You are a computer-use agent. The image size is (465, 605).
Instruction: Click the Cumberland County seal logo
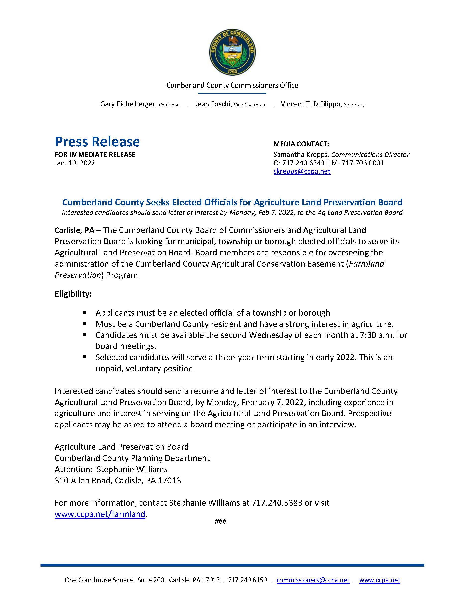(x=232, y=52)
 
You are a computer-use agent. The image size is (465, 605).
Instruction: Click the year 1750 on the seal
(x=232, y=72)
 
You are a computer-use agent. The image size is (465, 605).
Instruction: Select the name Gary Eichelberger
(x=128, y=104)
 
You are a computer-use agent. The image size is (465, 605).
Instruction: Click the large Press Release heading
(x=97, y=142)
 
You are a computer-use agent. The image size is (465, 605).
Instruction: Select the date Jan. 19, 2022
(x=75, y=163)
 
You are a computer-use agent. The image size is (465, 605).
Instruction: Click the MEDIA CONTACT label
(x=301, y=144)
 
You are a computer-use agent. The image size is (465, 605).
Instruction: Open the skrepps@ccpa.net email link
(x=302, y=171)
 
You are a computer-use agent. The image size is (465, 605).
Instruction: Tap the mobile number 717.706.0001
(x=363, y=163)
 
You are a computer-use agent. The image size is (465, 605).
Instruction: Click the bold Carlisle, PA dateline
(x=74, y=230)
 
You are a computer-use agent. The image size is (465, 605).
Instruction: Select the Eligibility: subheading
(x=73, y=294)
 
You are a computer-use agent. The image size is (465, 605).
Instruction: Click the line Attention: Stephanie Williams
(x=111, y=469)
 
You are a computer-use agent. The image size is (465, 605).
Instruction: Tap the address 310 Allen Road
(x=83, y=481)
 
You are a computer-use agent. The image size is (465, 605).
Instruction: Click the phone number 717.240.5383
(x=277, y=503)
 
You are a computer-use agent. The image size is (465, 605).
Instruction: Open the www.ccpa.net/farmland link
(x=100, y=514)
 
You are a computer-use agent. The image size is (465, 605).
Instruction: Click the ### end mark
(x=221, y=521)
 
